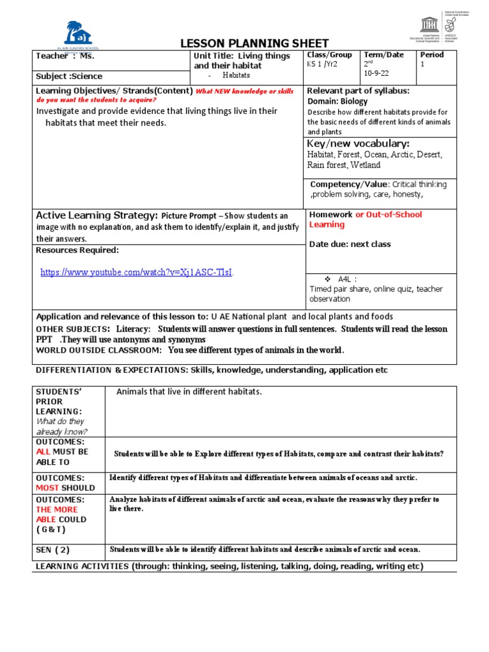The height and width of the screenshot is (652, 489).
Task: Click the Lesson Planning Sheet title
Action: pyautogui.click(x=255, y=43)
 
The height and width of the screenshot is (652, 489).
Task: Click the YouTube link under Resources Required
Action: pyautogui.click(x=137, y=273)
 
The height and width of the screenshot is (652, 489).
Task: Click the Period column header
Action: pyautogui.click(x=432, y=55)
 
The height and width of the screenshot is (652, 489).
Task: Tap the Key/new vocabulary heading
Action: pyautogui.click(x=358, y=143)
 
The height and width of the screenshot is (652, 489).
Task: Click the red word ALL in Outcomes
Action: pyautogui.click(x=43, y=451)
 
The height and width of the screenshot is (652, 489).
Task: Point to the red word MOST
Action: pyautogui.click(x=48, y=488)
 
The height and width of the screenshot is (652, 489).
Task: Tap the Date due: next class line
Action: pyautogui.click(x=350, y=244)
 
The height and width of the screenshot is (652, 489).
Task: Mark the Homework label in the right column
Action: pyautogui.click(x=330, y=215)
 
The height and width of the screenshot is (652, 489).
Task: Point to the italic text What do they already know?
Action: pyautogui.click(x=60, y=427)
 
